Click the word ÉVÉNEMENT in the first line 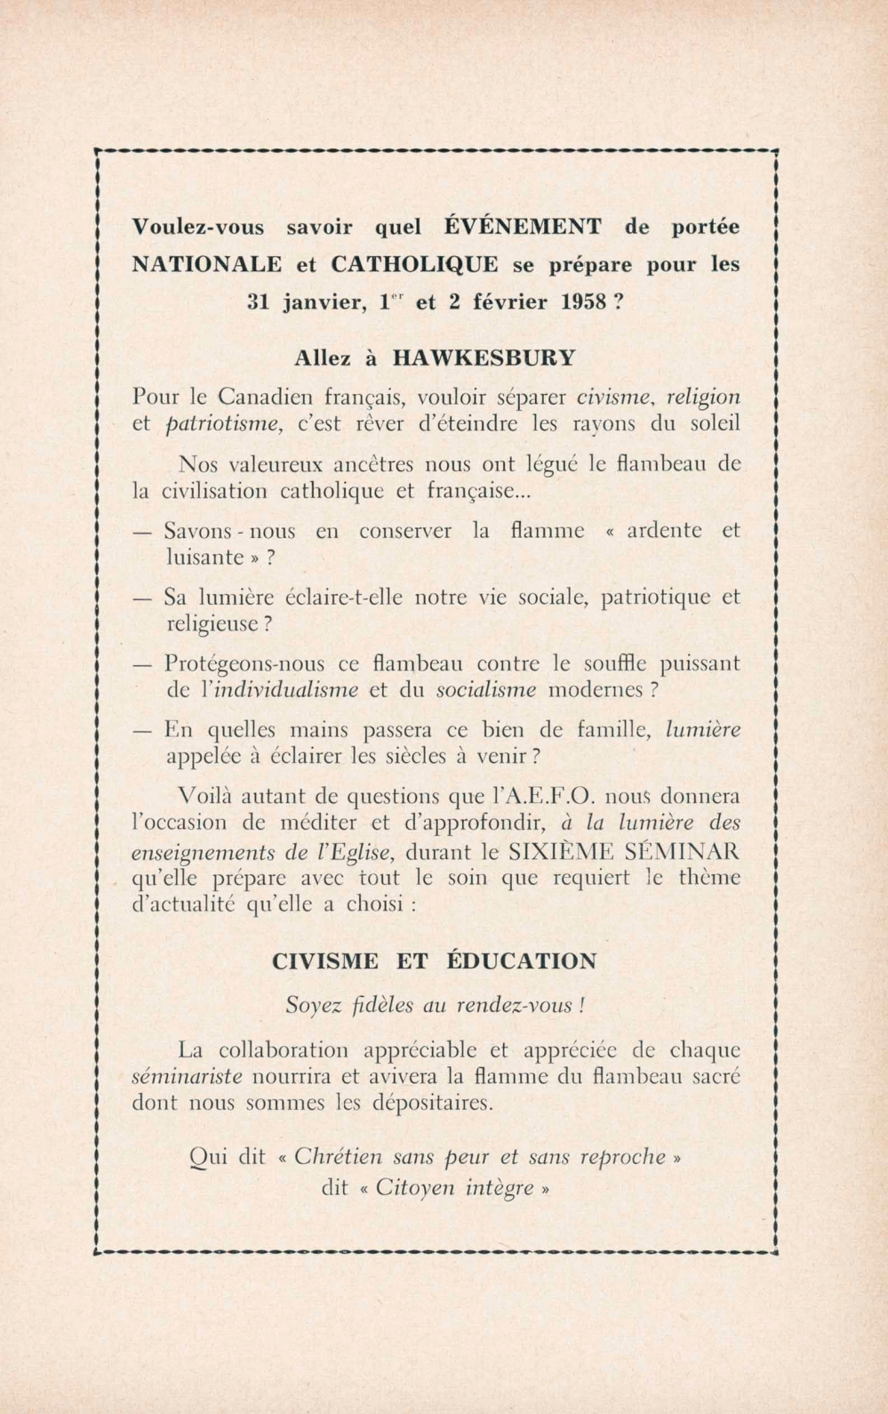coord(523,227)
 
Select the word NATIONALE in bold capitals coord(207,264)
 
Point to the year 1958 coord(586,301)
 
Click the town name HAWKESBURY coord(484,358)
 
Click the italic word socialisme coord(487,690)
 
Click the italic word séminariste coord(187,1077)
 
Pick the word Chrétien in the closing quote coord(337,1157)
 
